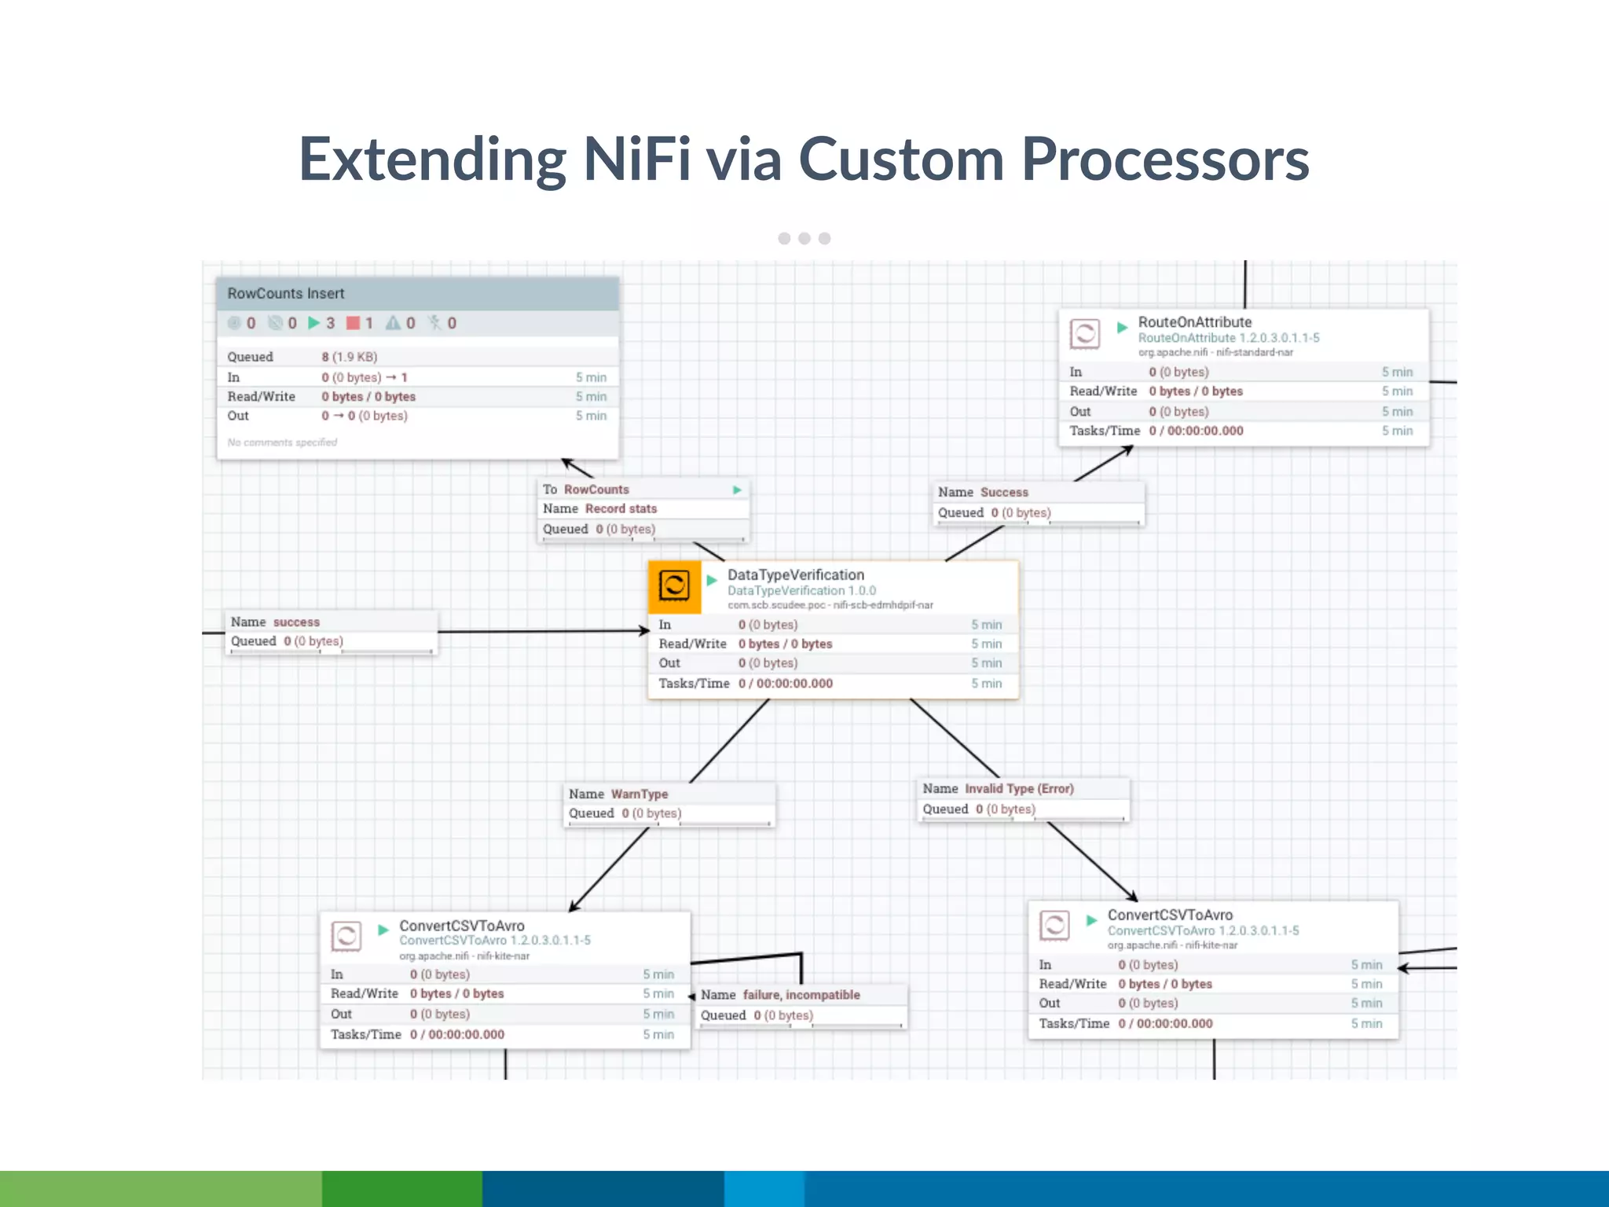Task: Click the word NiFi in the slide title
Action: click(x=636, y=160)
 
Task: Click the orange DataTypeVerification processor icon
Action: click(x=674, y=586)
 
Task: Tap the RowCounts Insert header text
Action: click(x=286, y=293)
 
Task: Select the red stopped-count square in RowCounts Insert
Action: click(x=353, y=323)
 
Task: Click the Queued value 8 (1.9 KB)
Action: click(x=349, y=357)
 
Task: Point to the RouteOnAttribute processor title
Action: click(x=1194, y=322)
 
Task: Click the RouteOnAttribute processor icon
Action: click(x=1084, y=334)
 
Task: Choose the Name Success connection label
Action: click(x=1003, y=492)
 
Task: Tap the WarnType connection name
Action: click(x=639, y=794)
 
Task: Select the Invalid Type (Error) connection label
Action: click(x=1018, y=788)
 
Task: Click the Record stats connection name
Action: click(x=620, y=508)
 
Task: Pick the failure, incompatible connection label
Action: click(x=801, y=995)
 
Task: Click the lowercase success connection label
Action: click(x=295, y=622)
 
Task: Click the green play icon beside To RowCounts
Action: click(x=737, y=490)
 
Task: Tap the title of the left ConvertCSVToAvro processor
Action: click(x=461, y=926)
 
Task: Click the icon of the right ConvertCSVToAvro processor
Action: click(x=1054, y=926)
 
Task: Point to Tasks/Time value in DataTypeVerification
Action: click(x=785, y=684)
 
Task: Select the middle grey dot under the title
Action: click(x=804, y=238)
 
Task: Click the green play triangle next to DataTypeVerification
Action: click(x=712, y=580)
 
